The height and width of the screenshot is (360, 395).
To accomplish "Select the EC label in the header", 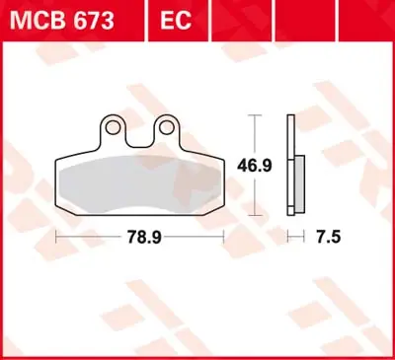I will click(x=169, y=19).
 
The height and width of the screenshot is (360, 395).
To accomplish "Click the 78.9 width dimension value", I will click(x=142, y=237).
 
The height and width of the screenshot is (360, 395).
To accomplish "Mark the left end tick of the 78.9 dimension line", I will click(x=56, y=237).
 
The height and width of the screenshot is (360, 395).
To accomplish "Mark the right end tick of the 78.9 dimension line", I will click(x=224, y=237).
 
